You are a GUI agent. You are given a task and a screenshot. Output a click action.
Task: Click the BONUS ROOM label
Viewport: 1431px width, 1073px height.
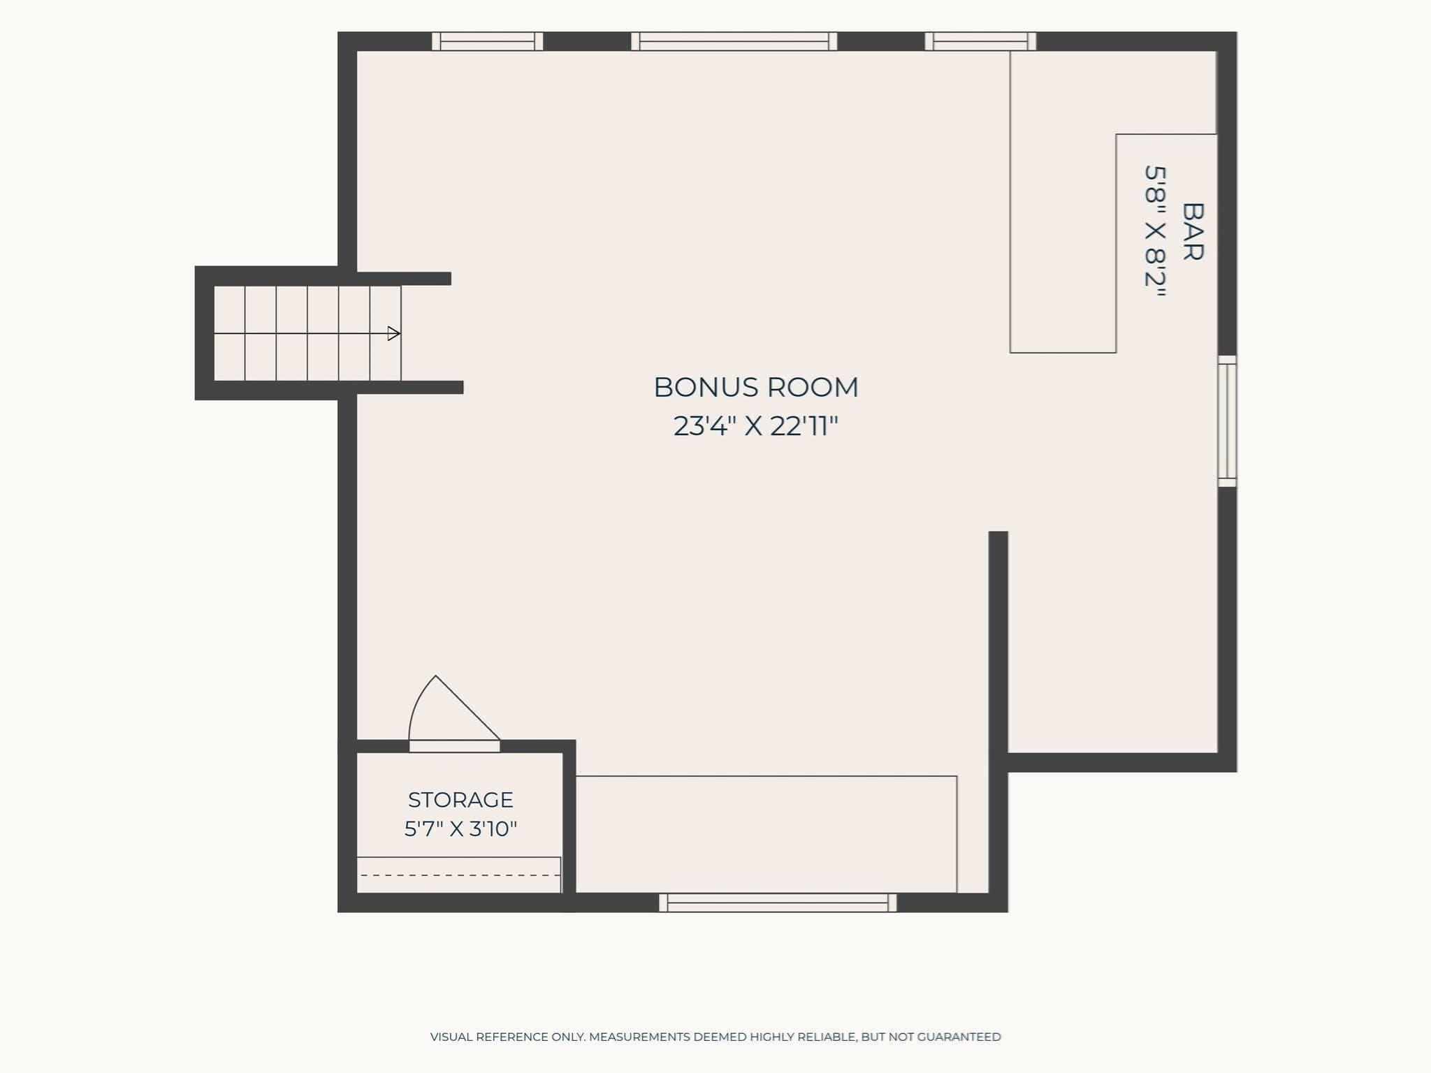[x=756, y=387]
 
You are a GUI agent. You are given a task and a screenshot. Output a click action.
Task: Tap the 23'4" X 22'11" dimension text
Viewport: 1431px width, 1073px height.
[x=756, y=425]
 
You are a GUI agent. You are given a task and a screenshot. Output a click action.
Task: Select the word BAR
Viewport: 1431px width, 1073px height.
[x=1192, y=232]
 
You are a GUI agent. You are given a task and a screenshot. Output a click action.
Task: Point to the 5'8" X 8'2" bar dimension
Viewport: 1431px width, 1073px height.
[x=1156, y=232]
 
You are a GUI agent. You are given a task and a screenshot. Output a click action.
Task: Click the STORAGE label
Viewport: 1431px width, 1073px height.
[x=460, y=799]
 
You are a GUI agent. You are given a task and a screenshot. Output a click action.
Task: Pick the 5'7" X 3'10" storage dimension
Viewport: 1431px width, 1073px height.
[x=460, y=829]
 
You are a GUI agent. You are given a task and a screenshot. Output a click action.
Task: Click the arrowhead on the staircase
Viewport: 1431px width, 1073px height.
[x=394, y=333]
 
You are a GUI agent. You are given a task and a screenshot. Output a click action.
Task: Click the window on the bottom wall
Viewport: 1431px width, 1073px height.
[x=778, y=903]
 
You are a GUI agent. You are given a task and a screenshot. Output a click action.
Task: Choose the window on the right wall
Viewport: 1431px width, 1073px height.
[x=1228, y=421]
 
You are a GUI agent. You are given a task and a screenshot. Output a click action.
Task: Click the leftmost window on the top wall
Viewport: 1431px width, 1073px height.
[x=487, y=41]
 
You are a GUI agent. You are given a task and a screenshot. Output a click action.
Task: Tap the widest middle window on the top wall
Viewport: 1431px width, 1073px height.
[x=734, y=41]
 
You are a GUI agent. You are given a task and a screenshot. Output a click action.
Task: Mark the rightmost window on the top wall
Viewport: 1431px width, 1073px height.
[x=980, y=41]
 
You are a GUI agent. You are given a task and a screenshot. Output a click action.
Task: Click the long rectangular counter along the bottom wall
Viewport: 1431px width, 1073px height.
[x=766, y=834]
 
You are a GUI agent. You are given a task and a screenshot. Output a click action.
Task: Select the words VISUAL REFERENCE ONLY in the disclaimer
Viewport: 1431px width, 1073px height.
[x=507, y=1037]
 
